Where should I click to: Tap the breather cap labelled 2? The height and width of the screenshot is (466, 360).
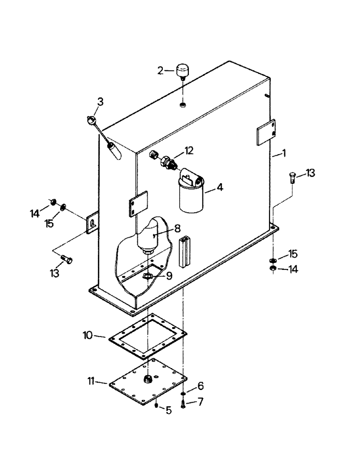(181, 72)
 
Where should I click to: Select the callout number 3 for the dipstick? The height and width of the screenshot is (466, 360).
(101, 101)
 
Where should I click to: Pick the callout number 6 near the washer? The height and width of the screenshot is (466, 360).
(201, 386)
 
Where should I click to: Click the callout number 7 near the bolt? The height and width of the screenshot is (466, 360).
(201, 401)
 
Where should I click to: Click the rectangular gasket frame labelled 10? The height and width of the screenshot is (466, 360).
(147, 336)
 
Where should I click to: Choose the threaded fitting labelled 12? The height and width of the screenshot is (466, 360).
(166, 160)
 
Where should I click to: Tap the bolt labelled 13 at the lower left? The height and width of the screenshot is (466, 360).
(65, 259)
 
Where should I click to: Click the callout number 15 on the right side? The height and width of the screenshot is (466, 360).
(293, 254)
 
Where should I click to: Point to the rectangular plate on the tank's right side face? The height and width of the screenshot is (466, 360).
(266, 132)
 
